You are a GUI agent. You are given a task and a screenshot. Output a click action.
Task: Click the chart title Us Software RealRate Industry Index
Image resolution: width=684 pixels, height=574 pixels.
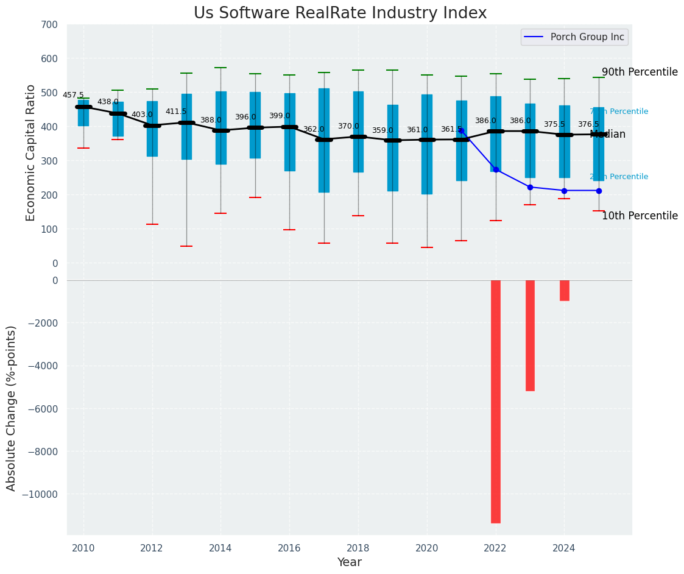[x=340, y=13]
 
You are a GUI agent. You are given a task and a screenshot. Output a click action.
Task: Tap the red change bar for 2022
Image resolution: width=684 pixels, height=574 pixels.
[x=496, y=401]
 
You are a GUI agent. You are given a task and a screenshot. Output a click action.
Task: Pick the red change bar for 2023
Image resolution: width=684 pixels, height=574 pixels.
[x=530, y=335]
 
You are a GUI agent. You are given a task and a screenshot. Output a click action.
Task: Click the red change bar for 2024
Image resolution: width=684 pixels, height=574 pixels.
[x=564, y=291]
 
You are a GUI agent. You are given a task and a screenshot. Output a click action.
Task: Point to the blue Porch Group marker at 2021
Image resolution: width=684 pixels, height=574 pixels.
[x=461, y=130]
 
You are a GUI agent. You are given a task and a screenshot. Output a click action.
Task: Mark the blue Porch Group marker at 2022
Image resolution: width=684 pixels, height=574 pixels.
[x=496, y=169]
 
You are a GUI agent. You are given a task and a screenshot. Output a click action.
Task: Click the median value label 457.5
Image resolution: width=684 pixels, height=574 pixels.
[x=73, y=95]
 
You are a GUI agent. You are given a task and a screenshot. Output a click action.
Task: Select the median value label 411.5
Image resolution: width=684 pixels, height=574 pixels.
[x=176, y=112]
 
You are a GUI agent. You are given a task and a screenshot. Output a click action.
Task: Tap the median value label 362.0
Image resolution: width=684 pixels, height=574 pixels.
[x=314, y=129]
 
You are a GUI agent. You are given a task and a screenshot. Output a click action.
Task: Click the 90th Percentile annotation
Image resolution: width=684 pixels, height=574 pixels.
[x=640, y=72]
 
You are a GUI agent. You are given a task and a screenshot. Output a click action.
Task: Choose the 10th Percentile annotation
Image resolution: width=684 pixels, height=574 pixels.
[x=640, y=216]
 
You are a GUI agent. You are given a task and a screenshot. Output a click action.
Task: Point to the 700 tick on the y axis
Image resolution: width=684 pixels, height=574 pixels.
[x=50, y=25]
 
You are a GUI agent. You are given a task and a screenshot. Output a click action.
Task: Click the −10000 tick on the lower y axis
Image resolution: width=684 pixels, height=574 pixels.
[x=41, y=494]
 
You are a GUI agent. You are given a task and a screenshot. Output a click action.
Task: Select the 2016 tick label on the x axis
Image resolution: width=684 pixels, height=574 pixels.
[x=289, y=548]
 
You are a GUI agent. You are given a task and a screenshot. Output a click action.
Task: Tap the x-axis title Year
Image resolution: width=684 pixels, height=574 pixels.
[x=350, y=562]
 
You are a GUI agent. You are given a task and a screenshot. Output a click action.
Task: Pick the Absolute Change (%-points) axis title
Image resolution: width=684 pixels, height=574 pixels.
[x=12, y=408]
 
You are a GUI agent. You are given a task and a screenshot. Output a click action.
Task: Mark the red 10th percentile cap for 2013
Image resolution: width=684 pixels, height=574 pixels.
[x=186, y=246]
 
